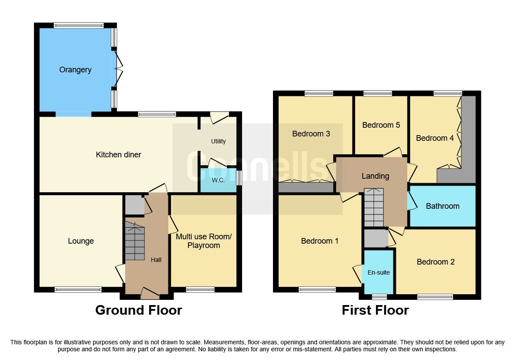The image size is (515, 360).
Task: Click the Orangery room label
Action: coord(75,70)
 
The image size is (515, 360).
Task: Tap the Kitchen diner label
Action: coord(119,155)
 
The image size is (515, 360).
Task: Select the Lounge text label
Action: coord(81,241)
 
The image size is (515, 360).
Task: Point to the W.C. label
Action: coord(218,180)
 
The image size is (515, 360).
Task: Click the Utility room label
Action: coord(218,141)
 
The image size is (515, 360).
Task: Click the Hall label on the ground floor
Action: coord(156,260)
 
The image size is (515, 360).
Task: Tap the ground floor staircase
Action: coord(135,241)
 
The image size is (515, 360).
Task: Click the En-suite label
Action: coord(379,272)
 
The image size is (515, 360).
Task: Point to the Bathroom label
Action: coord(443,206)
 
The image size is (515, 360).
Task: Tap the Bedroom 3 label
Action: coord(311,134)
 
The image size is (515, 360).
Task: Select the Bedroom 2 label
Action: coord(436,262)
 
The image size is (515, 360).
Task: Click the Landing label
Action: coord(375,176)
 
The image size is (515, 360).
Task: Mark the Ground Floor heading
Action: coord(138,310)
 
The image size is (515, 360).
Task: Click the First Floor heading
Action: coord(375,310)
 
